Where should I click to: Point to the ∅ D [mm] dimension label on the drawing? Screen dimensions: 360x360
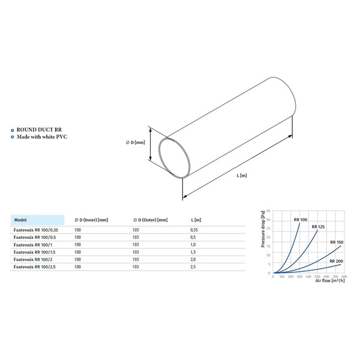tap(136, 142)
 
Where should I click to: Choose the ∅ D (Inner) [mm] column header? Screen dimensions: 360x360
tap(91, 220)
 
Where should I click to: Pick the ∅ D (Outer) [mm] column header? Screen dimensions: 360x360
tap(149, 220)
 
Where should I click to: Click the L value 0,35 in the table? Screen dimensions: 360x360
tap(194, 230)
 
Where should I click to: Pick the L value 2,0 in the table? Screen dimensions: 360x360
tap(193, 259)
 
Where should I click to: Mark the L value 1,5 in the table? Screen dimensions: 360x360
tap(193, 251)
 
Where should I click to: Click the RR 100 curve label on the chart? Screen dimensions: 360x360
tap(301, 220)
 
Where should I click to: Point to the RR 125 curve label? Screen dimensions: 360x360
tap(318, 227)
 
